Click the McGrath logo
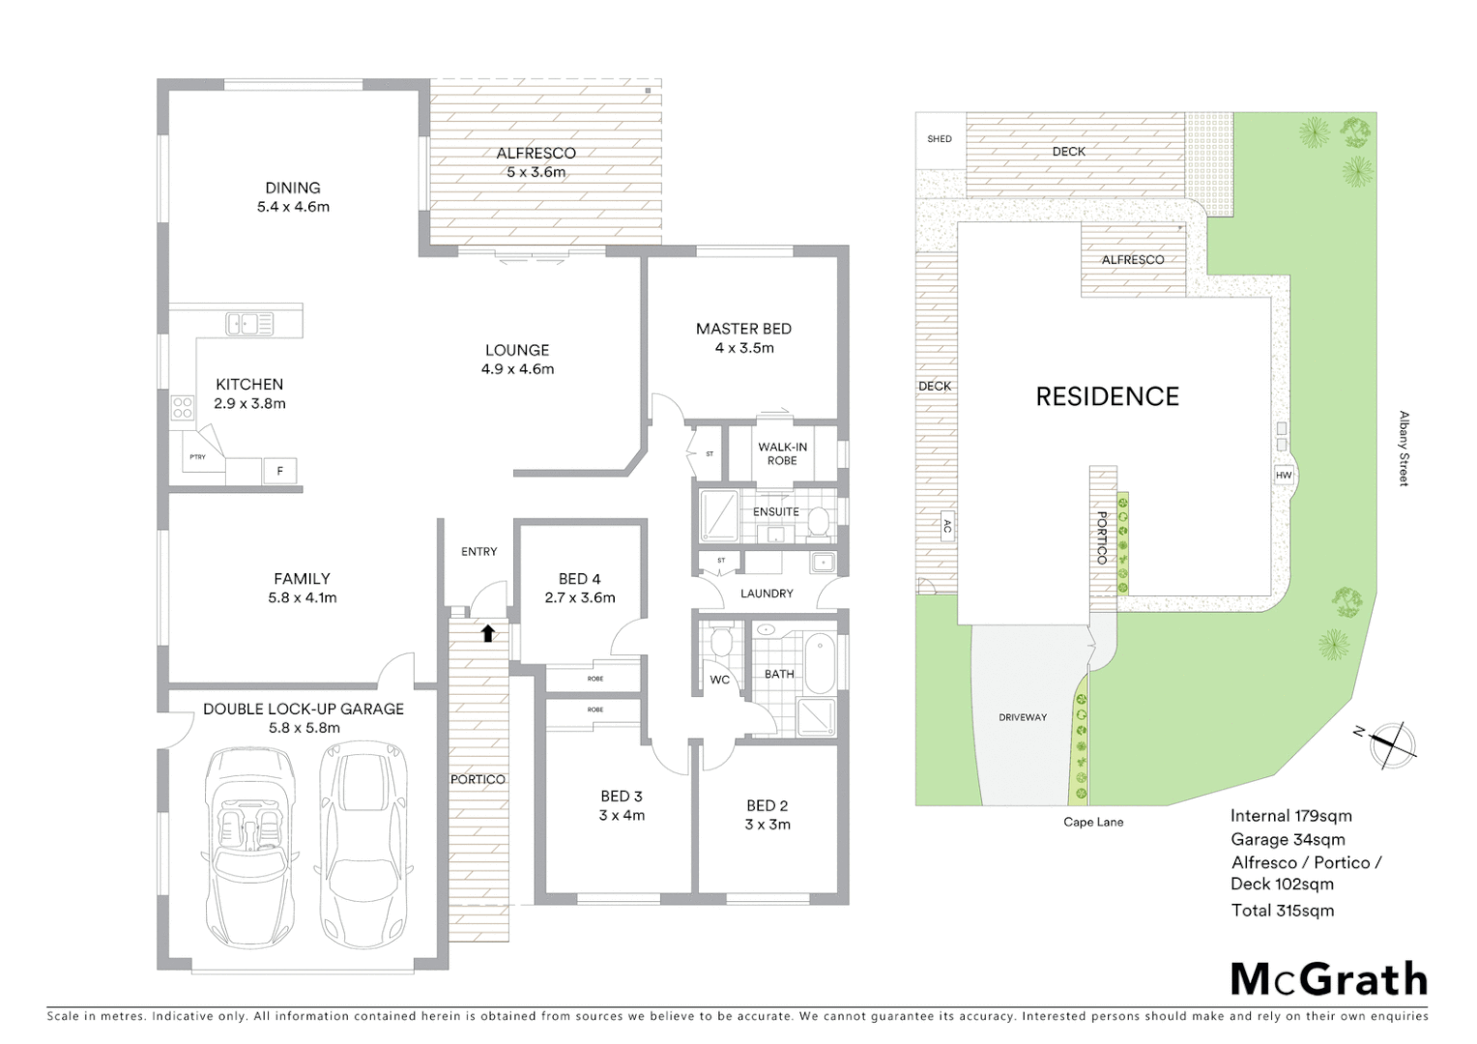coord(1329,979)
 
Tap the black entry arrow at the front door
coord(488,633)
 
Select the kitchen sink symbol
coord(249,324)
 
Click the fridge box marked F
coord(280,472)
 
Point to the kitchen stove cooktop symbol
coord(183,408)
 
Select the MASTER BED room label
coord(743,329)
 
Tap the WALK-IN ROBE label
coord(782,453)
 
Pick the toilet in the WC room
coord(720,642)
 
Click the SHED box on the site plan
coord(940,139)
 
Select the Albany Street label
coord(1404,449)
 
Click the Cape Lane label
coord(1093,823)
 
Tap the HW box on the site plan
coord(1284,476)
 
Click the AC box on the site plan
coord(946,527)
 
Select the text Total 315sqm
coord(1282,911)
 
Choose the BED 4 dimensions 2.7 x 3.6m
coord(579,597)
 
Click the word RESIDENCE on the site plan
coord(1107,396)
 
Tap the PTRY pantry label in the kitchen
coord(197,456)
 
